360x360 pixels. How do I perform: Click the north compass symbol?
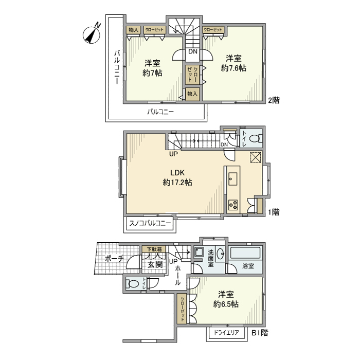pyautogui.click(x=92, y=34)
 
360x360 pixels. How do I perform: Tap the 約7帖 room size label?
pyautogui.click(x=152, y=73)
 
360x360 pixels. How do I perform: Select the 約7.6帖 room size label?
pyautogui.click(x=233, y=68)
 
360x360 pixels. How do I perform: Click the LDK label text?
pyautogui.click(x=177, y=173)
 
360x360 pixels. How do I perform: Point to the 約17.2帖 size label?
pyautogui.click(x=177, y=183)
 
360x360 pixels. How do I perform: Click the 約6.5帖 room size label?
pyautogui.click(x=226, y=304)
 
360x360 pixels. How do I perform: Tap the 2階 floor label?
pyautogui.click(x=274, y=100)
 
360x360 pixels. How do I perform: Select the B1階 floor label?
pyautogui.click(x=260, y=333)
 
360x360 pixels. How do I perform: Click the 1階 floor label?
pyautogui.click(x=274, y=212)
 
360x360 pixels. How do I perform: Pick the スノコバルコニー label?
pyautogui.click(x=150, y=223)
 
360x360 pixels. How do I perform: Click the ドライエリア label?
pyautogui.click(x=226, y=332)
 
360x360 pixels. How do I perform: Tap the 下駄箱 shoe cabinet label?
pyautogui.click(x=154, y=249)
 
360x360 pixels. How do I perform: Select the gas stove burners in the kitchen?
pyautogui.click(x=233, y=205)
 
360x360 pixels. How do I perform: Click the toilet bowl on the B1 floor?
pyautogui.click(x=133, y=284)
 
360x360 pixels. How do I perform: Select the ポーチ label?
pyautogui.click(x=114, y=259)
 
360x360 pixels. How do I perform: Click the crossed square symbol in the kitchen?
pyautogui.click(x=256, y=157)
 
